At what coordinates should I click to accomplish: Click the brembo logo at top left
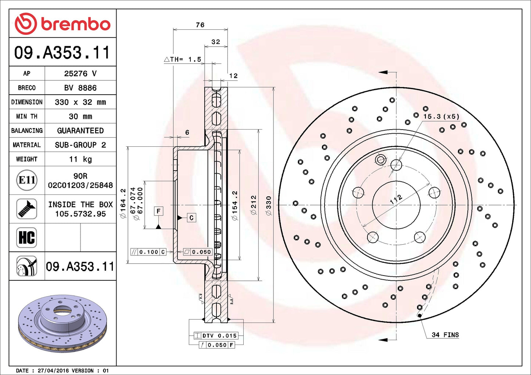pos(62,23)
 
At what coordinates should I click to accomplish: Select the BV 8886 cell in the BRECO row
pos(80,88)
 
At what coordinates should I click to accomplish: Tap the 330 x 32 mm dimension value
pos(80,102)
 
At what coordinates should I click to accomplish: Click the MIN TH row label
pos(27,116)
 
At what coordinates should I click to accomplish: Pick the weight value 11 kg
pos(80,159)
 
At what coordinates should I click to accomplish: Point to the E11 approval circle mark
pos(27,180)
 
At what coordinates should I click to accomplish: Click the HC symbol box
pos(27,237)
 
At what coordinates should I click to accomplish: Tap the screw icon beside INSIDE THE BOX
pos(27,209)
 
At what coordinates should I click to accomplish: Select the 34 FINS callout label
pos(445,335)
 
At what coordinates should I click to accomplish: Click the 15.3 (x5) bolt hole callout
pos(441,116)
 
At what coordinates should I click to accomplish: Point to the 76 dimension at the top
pos(200,25)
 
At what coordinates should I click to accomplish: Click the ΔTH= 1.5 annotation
pos(183,59)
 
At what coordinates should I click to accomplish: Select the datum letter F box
pos(158,211)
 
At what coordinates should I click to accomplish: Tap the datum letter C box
pos(191,218)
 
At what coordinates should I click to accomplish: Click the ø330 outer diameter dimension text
pos(269,205)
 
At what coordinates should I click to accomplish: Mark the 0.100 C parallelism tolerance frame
pos(148,252)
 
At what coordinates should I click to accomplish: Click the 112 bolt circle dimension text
pos(396,199)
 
